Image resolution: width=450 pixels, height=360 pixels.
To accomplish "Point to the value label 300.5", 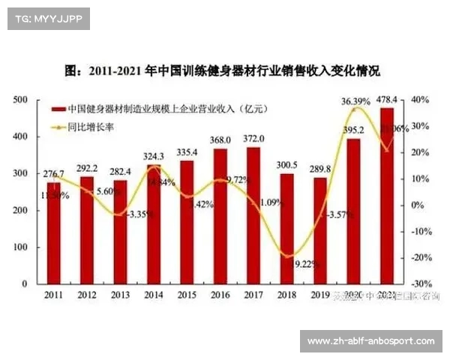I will [287, 165].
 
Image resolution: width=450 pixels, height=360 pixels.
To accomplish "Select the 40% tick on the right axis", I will [420, 100].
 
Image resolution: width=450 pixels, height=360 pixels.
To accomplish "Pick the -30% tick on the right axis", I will [420, 283].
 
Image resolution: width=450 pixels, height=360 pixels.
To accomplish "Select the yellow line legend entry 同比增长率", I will [90, 127].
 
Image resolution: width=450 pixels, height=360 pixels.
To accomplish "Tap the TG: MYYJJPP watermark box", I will [49, 19].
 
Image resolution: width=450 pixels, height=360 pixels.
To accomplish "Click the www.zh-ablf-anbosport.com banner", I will [371, 341].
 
